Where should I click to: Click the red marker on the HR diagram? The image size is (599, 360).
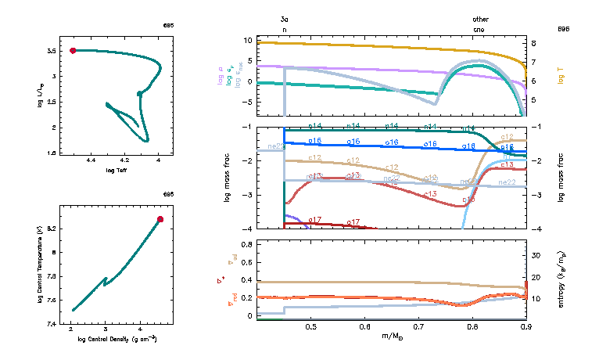point(73,50)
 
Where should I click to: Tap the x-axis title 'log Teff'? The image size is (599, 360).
point(116,170)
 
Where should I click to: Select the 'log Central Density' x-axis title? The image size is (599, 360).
point(116,339)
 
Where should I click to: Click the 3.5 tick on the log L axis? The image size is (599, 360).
point(51,51)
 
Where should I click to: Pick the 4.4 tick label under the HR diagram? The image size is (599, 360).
point(91,160)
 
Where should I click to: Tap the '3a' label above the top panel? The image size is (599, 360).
point(284,19)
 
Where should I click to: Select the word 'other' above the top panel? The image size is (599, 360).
point(480,19)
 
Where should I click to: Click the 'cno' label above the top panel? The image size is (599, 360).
point(479,29)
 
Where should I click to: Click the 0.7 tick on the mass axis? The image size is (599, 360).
point(418,326)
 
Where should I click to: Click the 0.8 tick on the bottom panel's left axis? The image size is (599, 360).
point(245,245)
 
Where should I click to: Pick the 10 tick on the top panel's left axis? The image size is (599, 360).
point(246,40)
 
